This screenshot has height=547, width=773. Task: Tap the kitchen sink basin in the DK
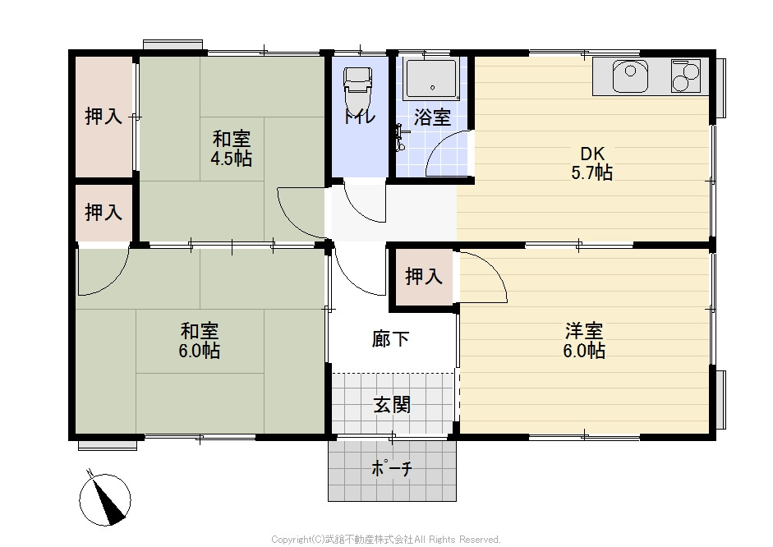tap(630, 76)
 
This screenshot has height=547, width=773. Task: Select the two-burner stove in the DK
tap(685, 76)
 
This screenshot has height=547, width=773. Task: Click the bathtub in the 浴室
tap(432, 78)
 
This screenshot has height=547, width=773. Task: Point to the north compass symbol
tap(104, 499)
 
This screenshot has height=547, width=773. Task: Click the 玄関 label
tap(392, 405)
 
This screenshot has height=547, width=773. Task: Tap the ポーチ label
tap(392, 468)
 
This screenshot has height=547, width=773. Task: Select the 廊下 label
tap(390, 339)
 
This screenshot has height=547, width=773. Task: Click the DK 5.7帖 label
tap(592, 163)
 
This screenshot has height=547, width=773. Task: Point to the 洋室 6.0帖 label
tap(584, 341)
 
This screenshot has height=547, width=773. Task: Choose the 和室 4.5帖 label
tap(231, 149)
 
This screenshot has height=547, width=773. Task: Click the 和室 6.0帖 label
tap(199, 341)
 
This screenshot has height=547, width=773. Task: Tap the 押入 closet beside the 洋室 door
tap(423, 277)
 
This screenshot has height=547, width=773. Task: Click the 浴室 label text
tap(432, 117)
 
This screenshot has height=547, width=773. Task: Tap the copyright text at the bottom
tap(386, 539)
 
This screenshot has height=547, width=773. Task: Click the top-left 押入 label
tap(104, 117)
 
